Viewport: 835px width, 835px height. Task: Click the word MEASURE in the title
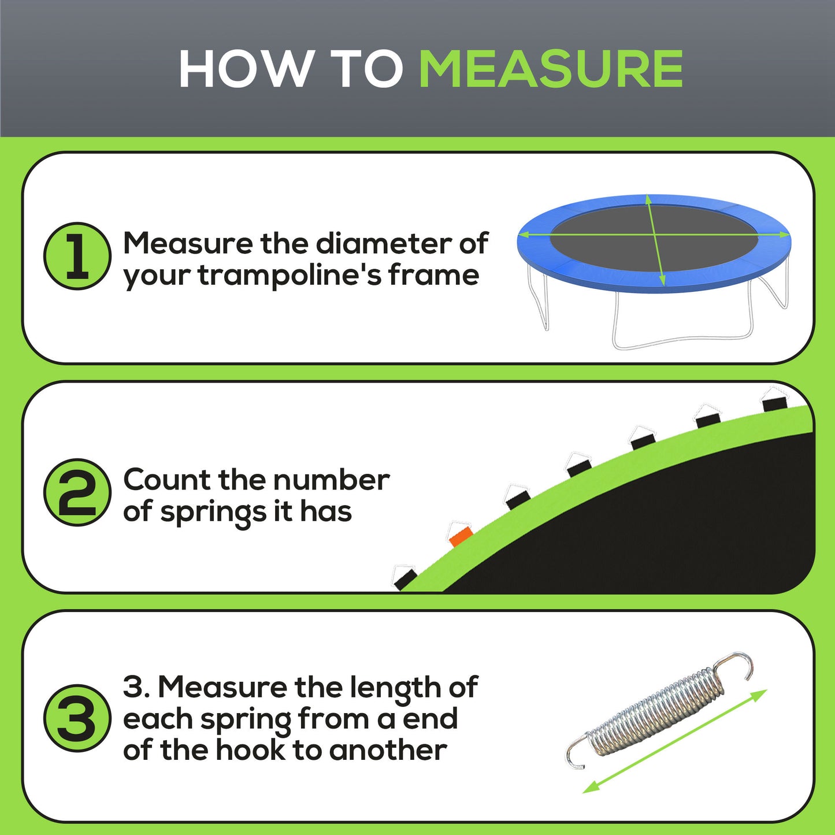[x=551, y=69]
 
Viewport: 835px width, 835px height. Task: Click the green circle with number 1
[x=77, y=256]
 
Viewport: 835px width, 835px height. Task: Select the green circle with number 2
[x=77, y=492]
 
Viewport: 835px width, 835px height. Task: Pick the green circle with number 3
[x=77, y=718]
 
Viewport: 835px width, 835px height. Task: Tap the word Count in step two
[x=166, y=480]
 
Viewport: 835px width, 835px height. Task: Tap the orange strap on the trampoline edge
[x=461, y=536]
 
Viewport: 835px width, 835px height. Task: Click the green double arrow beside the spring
[x=674, y=741]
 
